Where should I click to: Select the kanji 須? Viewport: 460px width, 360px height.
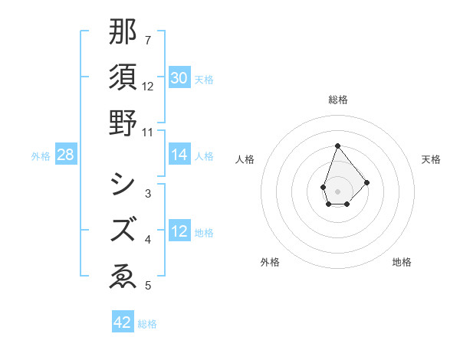[123, 78]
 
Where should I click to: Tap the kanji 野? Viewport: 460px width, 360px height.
[123, 123]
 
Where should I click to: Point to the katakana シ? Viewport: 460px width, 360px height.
[123, 184]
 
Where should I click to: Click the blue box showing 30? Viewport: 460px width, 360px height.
[179, 78]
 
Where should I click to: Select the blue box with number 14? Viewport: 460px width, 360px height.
[179, 155]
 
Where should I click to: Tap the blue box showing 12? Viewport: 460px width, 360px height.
[179, 231]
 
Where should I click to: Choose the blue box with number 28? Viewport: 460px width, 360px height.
[66, 155]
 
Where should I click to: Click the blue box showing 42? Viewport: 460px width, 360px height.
[123, 322]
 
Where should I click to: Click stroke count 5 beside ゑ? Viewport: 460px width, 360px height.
[147, 286]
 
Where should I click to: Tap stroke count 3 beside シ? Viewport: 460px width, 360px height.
[147, 195]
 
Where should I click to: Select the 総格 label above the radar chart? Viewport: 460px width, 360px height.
[337, 100]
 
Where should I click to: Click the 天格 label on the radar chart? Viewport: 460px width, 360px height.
[431, 159]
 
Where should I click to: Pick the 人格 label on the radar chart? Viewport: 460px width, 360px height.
[245, 159]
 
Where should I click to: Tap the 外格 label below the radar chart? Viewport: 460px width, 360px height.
[270, 262]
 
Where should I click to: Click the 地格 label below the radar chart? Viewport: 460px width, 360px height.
[402, 262]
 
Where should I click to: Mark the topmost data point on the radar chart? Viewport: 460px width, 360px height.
[337, 146]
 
